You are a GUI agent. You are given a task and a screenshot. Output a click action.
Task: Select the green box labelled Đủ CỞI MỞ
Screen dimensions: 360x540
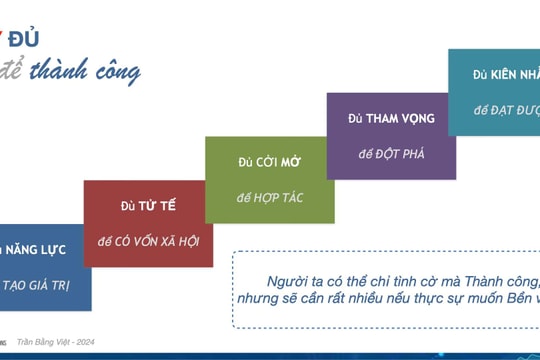(269, 179)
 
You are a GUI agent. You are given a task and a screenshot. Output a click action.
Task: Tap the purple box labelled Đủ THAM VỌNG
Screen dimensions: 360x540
(391, 135)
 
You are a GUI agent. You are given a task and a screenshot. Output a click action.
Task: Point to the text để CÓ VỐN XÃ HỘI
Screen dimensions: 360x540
(148, 242)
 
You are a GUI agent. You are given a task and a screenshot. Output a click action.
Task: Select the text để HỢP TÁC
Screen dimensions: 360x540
(270, 198)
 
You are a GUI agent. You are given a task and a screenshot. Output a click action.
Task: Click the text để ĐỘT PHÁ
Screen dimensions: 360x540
(391, 154)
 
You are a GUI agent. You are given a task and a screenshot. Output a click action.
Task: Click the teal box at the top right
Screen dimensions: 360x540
(494, 91)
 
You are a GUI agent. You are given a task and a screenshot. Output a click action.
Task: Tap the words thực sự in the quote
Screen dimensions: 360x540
(457, 299)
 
